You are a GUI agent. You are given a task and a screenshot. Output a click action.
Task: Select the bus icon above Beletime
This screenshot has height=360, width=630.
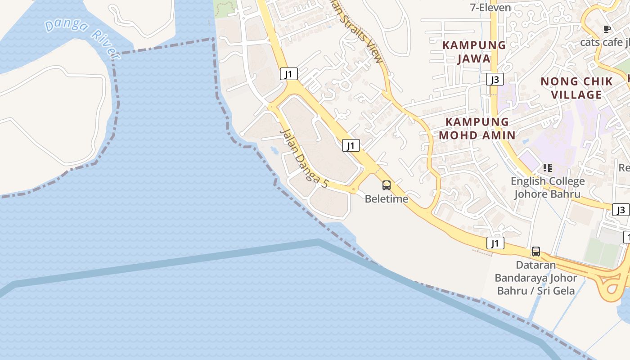point(386,185)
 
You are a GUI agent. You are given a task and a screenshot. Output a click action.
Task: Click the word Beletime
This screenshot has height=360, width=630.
point(386,198)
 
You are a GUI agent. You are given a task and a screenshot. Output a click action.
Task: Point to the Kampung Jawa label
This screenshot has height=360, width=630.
point(474,52)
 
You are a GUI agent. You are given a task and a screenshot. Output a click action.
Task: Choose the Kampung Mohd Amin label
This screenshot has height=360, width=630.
point(477,128)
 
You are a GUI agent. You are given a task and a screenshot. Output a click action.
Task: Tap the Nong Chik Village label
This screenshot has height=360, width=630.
point(576,88)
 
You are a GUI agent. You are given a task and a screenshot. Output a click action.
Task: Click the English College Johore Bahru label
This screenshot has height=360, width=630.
point(548,188)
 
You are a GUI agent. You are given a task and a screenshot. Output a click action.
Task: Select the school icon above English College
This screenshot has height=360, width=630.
point(547,168)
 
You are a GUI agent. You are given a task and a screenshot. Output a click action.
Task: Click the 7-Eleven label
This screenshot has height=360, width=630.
point(490,8)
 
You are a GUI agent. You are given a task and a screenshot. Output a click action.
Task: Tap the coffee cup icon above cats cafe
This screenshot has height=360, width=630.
point(607,29)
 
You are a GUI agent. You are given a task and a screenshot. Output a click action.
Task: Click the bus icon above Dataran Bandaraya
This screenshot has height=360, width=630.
point(535,251)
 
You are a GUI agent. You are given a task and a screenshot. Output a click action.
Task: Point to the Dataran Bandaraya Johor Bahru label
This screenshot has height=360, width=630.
point(535,278)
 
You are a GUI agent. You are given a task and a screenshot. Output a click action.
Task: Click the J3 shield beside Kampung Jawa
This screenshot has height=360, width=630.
point(495,80)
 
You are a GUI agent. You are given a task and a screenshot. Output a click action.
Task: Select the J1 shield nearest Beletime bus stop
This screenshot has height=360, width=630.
point(351,145)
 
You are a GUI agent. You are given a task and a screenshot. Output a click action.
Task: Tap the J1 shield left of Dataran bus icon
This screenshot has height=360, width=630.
point(495,243)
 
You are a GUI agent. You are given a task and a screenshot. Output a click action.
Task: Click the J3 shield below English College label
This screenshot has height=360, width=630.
point(621,210)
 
